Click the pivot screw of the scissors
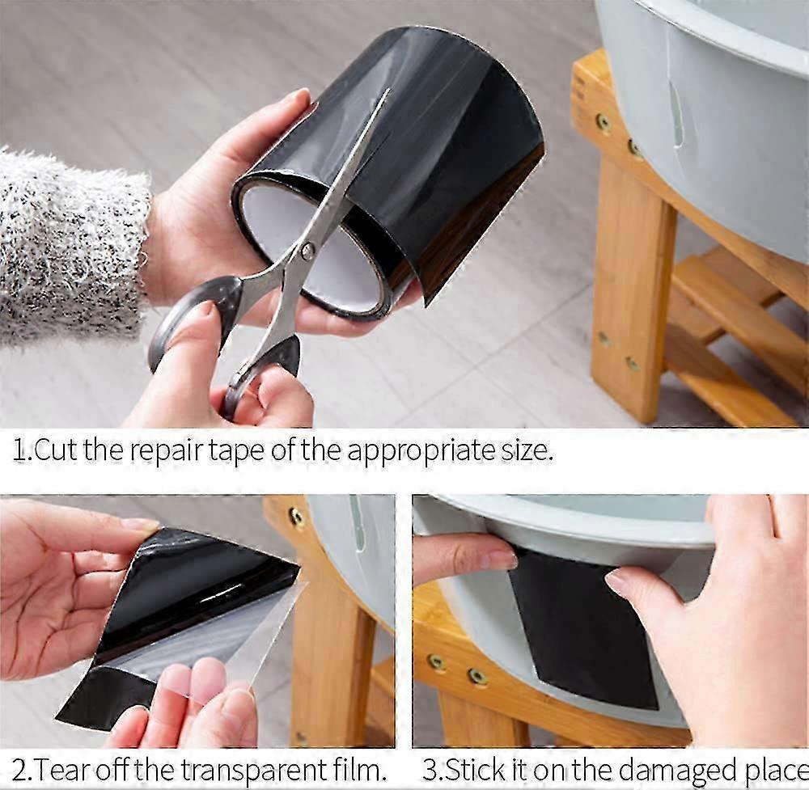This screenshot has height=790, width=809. [307, 251]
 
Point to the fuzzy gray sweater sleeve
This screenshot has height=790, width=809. [65, 243]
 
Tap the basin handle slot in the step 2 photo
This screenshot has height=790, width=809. [358, 523]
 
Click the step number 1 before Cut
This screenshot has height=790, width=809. [19, 450]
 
